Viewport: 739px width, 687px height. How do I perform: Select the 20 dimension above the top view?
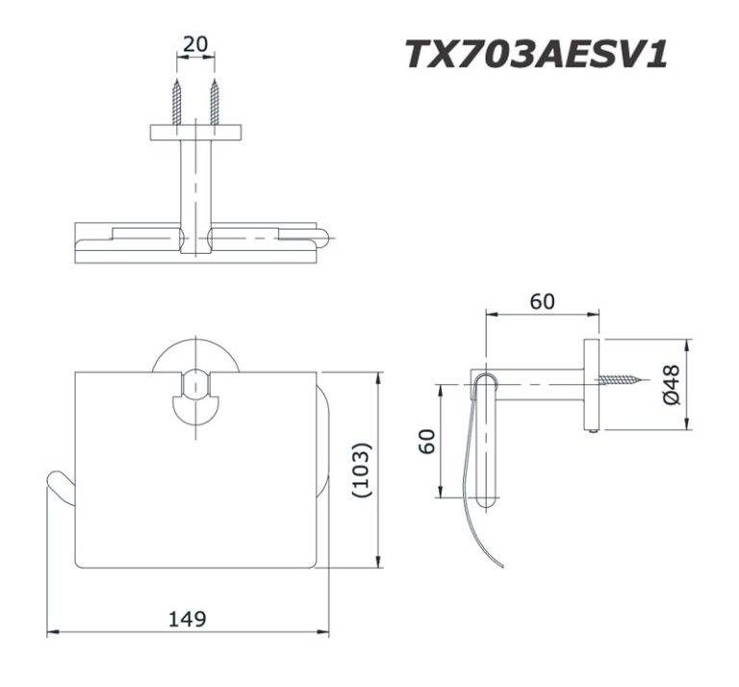coord(195,44)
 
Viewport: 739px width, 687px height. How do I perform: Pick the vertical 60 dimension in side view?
coord(428,441)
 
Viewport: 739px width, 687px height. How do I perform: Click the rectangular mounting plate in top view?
coord(195,132)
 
